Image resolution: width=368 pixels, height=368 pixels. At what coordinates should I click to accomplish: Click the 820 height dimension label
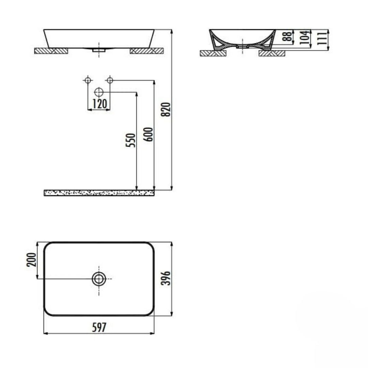point(166,110)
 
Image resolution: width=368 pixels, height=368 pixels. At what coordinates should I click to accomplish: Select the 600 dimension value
point(148,134)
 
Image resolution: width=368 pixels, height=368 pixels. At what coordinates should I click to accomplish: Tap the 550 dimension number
point(131,140)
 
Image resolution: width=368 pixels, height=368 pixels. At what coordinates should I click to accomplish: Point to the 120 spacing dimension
point(99,104)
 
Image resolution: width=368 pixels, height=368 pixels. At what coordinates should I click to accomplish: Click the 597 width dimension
point(99,327)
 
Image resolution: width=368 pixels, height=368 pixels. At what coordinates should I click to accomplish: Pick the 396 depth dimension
point(166,278)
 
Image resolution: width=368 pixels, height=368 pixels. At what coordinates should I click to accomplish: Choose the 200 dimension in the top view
point(31,260)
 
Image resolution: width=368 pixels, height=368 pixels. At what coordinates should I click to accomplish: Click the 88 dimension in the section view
point(287,36)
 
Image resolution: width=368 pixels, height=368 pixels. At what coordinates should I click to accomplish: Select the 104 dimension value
point(305,37)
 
